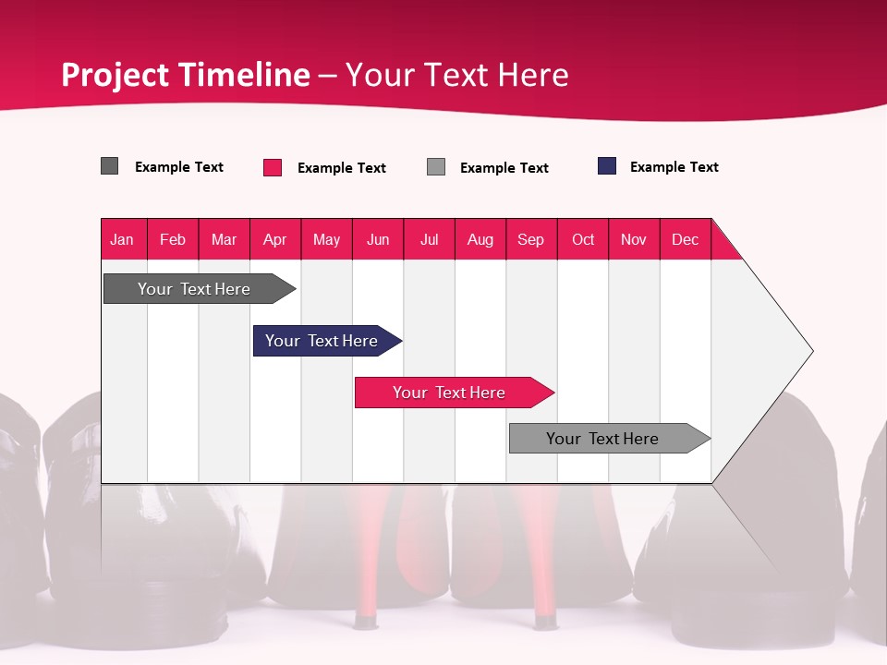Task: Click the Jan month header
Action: [x=123, y=239]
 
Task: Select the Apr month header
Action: [x=275, y=239]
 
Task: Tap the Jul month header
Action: [x=429, y=239]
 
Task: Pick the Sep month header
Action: [x=531, y=239]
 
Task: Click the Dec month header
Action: [x=685, y=239]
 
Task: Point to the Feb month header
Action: [x=173, y=239]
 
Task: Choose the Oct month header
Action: [x=583, y=239]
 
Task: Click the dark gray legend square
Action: [x=109, y=166]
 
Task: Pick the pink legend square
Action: [x=273, y=167]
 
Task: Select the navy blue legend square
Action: [x=607, y=166]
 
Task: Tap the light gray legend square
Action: [x=436, y=167]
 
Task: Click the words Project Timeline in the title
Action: [x=186, y=75]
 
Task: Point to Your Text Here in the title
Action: [x=457, y=75]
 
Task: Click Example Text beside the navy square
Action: [x=674, y=167]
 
